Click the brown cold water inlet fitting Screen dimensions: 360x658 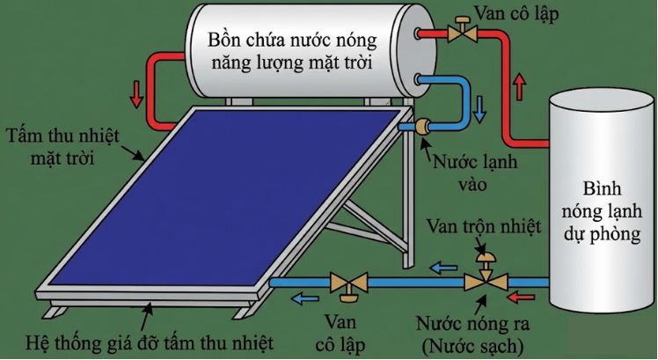(x=422, y=127)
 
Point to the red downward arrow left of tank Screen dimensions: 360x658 (x=136, y=92)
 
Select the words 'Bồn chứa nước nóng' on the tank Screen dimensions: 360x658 (x=292, y=39)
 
